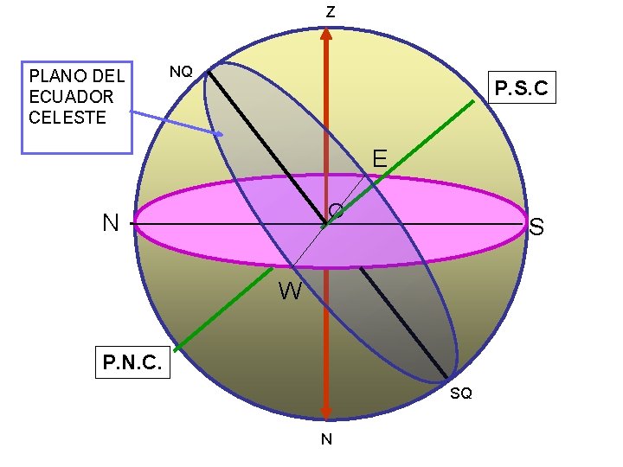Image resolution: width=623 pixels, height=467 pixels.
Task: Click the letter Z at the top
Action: tap(330, 12)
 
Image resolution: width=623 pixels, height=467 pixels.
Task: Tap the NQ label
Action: tap(181, 72)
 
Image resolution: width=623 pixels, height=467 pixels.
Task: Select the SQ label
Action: tap(461, 393)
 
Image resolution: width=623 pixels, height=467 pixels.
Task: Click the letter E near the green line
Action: tap(379, 158)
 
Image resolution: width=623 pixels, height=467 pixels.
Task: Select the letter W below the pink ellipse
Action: tap(290, 292)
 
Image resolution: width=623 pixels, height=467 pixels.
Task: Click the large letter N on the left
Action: tap(110, 224)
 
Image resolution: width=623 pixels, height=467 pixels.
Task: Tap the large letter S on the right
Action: tap(536, 228)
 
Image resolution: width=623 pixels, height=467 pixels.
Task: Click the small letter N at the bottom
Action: tap(326, 439)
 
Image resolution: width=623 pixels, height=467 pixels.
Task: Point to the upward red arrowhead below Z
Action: tap(326, 35)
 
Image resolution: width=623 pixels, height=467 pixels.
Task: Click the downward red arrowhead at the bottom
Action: tap(326, 413)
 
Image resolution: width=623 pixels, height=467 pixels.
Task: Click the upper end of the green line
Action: tap(474, 102)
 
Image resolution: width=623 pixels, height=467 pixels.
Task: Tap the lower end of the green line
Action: tap(176, 350)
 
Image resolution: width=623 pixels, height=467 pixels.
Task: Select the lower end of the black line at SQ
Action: tap(447, 378)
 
